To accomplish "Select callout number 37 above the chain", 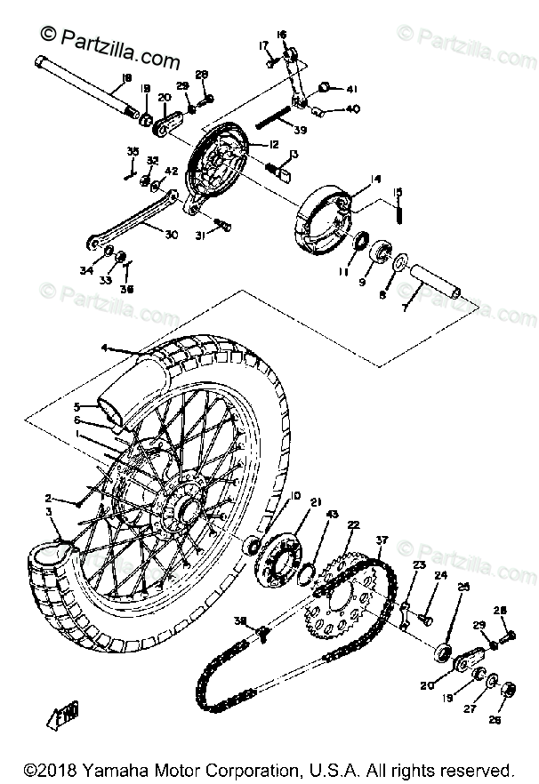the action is [382, 540].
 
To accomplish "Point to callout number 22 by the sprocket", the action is [353, 525].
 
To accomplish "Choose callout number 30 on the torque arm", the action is [171, 235].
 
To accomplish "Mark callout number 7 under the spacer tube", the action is [406, 307].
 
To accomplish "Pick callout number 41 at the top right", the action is [351, 89].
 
